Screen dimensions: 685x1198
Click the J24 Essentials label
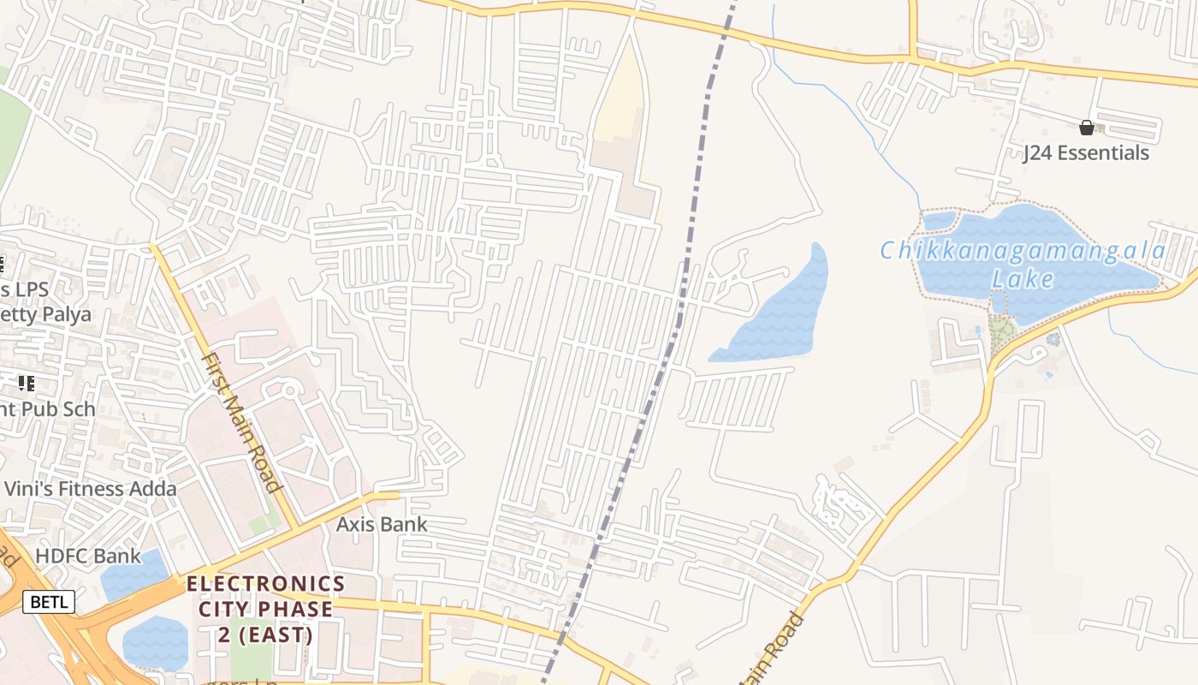click(1086, 153)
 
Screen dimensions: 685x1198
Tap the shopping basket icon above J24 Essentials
click(1087, 128)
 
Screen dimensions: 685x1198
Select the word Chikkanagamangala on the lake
click(1023, 251)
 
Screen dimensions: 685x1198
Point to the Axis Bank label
click(382, 524)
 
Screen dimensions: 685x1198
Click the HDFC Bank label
click(88, 557)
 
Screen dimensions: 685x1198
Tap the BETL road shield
click(48, 602)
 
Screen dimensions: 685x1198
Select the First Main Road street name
click(241, 422)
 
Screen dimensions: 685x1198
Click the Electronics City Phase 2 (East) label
click(265, 609)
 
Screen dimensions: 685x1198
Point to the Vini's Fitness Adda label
click(90, 489)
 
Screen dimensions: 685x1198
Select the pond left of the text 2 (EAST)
click(155, 642)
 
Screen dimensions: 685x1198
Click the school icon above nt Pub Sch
click(26, 383)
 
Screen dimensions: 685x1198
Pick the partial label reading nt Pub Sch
click(47, 408)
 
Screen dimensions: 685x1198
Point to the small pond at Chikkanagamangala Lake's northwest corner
click(940, 221)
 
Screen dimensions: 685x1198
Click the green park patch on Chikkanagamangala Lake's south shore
click(1002, 329)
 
